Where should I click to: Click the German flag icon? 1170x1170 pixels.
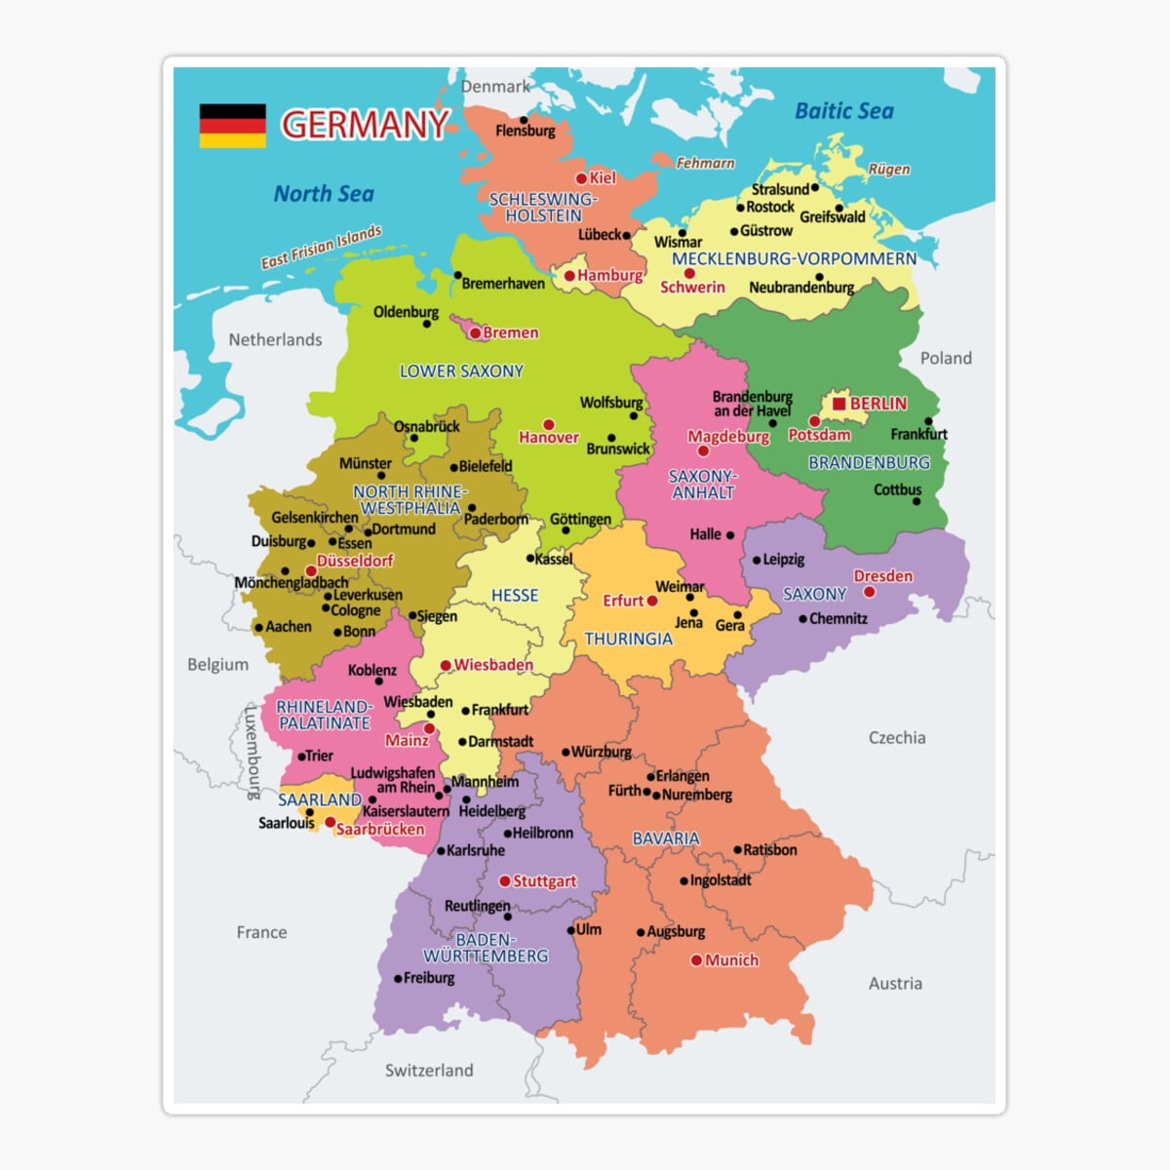(232, 126)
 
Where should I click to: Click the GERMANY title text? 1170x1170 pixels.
(365, 125)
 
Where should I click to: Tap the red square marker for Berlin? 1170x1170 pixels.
(838, 404)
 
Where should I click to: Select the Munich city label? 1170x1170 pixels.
(731, 960)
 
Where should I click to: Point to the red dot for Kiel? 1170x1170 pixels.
(581, 178)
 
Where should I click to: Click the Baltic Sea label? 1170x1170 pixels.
(844, 111)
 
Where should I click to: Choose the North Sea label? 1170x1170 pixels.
(324, 194)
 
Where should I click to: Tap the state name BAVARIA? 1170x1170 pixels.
(666, 838)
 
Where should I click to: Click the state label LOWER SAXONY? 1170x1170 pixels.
(461, 371)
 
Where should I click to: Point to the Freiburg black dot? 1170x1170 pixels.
(398, 979)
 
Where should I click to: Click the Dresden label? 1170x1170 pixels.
(883, 576)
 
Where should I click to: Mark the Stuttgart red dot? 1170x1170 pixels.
(504, 881)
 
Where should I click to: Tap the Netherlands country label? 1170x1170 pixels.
(275, 340)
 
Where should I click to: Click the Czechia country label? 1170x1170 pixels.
(897, 738)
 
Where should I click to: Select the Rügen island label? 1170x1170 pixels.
(889, 170)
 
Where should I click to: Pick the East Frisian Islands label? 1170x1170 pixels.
(321, 248)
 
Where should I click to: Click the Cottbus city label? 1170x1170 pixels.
(897, 489)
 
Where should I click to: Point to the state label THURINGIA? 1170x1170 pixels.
(628, 640)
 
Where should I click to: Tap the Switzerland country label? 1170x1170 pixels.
(429, 1071)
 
